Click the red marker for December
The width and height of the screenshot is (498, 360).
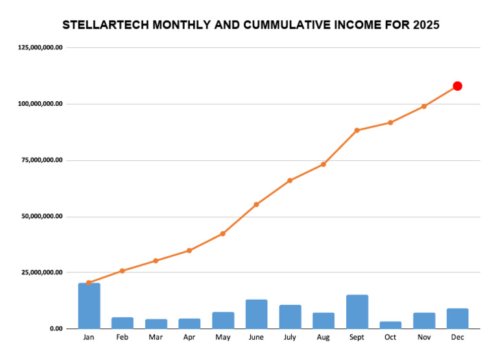coord(457,86)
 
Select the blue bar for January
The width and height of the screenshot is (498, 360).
coord(89,306)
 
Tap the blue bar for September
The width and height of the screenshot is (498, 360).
coord(357,311)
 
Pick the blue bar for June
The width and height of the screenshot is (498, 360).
coord(257,314)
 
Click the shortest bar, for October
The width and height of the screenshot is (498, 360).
coord(390,325)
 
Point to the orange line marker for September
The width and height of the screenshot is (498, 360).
coord(357,130)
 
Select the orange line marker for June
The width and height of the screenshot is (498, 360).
coord(256,204)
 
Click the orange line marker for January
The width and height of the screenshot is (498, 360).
coord(89,283)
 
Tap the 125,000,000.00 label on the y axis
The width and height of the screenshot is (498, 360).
coord(41,47)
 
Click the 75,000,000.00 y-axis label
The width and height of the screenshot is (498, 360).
coord(41,160)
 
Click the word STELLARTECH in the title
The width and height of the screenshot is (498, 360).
coord(104,25)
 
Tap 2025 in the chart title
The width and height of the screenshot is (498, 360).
coord(425,25)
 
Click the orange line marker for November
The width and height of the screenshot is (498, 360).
coord(424,106)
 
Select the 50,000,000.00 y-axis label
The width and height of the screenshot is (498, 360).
coord(41,216)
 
